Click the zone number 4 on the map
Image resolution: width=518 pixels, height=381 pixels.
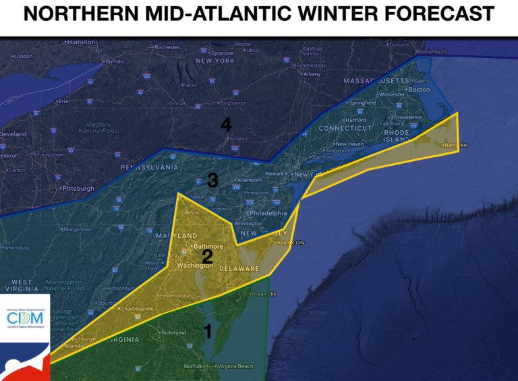pyautogui.click(x=226, y=125)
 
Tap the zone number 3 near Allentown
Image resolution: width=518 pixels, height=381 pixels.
pyautogui.click(x=212, y=180)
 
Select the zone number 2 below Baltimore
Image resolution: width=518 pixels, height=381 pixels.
pyautogui.click(x=207, y=256)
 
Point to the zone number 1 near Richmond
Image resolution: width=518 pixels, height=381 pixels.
pyautogui.click(x=208, y=331)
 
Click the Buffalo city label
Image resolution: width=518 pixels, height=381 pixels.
pyautogui.click(x=114, y=61)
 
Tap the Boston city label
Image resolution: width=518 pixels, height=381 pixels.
pyautogui.click(x=419, y=90)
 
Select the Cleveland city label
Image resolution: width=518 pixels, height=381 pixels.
pyautogui.click(x=13, y=134)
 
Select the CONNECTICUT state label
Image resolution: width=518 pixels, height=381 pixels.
pyautogui.click(x=345, y=128)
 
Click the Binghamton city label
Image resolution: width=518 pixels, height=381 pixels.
pyautogui.click(x=233, y=103)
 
